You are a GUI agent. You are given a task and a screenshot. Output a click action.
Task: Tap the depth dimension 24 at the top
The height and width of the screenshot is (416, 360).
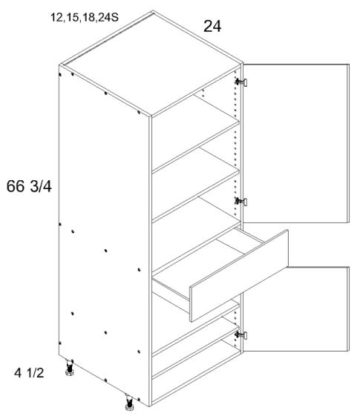pyautogui.click(x=214, y=28)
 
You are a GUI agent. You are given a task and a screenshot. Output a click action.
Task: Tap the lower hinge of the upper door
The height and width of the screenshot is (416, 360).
pyautogui.click(x=240, y=200)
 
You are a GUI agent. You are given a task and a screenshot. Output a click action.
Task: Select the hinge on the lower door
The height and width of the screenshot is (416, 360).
pyautogui.click(x=240, y=335)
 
